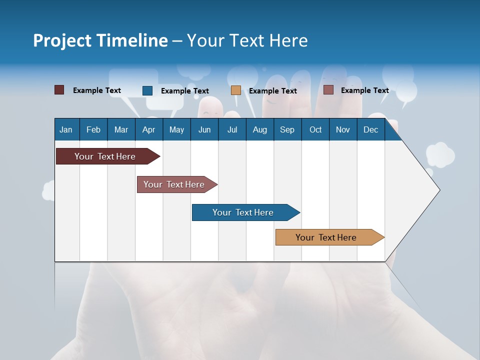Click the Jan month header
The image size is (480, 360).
pyautogui.click(x=66, y=129)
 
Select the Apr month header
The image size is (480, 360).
pyautogui.click(x=148, y=129)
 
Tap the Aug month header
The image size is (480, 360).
pyautogui.click(x=259, y=129)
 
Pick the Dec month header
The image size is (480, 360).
pyautogui.click(x=370, y=129)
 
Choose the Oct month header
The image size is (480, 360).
pyautogui.click(x=315, y=129)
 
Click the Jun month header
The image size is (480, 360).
pyautogui.click(x=204, y=129)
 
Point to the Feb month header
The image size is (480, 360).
pyautogui.click(x=93, y=129)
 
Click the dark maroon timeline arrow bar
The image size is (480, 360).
pyautogui.click(x=105, y=156)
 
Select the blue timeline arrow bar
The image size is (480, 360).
pyautogui.click(x=243, y=212)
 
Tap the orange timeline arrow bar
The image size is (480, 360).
pyautogui.click(x=326, y=237)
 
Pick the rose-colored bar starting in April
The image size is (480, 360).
pyautogui.click(x=174, y=184)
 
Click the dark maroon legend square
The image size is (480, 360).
pyautogui.click(x=59, y=90)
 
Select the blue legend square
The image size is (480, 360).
pyautogui.click(x=147, y=90)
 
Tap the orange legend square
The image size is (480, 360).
pyautogui.click(x=236, y=90)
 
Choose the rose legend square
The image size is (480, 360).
pyautogui.click(x=328, y=90)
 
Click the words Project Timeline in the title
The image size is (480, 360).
pyautogui.click(x=100, y=40)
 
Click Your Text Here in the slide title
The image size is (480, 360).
pyautogui.click(x=247, y=40)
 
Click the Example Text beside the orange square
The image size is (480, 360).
pyautogui.click(x=272, y=91)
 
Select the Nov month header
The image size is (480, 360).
pyautogui.click(x=342, y=129)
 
